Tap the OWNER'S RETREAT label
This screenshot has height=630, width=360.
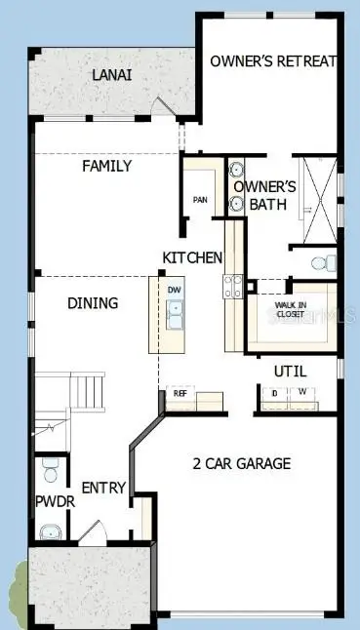coord(273,60)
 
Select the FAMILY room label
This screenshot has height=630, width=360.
coord(106,166)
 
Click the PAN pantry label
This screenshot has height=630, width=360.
coord(200,200)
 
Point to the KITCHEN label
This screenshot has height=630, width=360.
coord(192,257)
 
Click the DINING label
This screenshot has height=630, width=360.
coord(93,303)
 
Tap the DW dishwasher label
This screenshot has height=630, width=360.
coord(175,290)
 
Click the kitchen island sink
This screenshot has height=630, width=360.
coord(175,314)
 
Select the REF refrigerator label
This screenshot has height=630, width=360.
coord(180,392)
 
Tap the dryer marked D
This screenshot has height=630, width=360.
coord(274,393)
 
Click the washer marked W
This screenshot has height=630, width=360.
coord(302,393)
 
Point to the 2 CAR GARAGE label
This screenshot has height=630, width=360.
coord(242,463)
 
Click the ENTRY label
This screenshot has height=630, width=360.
coord(102,488)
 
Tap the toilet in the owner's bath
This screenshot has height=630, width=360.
coord(325,262)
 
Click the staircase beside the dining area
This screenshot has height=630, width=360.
coord(88,392)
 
